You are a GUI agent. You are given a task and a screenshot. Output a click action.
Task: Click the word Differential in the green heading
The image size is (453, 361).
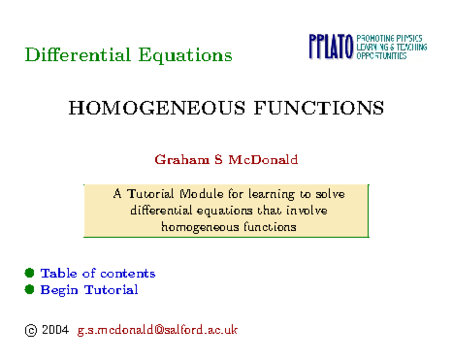click(77, 55)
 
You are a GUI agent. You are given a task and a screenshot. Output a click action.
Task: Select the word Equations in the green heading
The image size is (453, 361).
click(185, 56)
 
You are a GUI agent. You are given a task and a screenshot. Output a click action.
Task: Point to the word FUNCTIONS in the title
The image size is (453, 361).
click(319, 108)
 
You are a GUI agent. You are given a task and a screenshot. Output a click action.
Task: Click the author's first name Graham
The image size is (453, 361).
click(182, 160)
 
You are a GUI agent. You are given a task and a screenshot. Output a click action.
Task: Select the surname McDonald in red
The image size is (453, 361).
click(263, 160)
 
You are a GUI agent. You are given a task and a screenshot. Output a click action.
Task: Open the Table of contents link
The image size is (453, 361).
click(98, 273)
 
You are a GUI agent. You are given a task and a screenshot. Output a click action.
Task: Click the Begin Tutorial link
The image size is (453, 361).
click(89, 290)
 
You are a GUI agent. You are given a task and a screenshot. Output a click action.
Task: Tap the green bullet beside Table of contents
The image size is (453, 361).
click(29, 273)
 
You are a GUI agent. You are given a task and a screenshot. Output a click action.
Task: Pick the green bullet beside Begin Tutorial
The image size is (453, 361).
click(29, 290)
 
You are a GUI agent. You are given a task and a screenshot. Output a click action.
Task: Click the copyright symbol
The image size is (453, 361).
click(31, 331)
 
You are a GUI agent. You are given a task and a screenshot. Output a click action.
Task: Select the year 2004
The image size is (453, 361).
click(55, 330)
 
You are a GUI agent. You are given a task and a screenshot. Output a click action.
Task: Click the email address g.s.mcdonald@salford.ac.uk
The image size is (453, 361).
click(157, 330)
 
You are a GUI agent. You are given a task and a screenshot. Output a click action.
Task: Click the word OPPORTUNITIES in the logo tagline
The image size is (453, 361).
click(381, 56)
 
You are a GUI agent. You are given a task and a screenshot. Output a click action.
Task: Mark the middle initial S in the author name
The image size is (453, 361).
click(218, 160)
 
